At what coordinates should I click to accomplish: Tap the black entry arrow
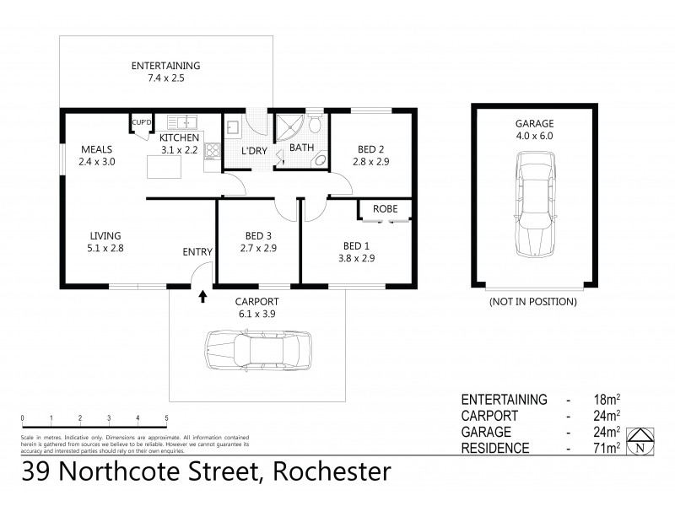pos(202,296)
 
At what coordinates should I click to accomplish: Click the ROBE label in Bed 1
pos(386,209)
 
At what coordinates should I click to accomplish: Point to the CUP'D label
pos(140,123)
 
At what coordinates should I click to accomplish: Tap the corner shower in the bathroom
pos(290,129)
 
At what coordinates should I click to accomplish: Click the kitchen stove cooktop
pos(212,153)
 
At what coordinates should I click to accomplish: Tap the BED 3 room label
pos(258,236)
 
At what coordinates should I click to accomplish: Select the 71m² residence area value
pos(607,448)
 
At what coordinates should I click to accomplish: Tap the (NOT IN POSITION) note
pos(532,301)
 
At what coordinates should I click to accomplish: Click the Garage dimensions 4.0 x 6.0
pos(532,135)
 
